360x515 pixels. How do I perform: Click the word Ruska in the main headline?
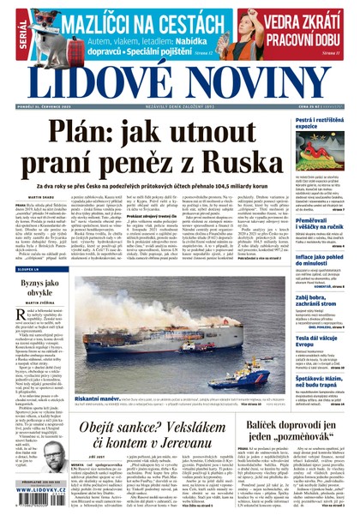[261, 175]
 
